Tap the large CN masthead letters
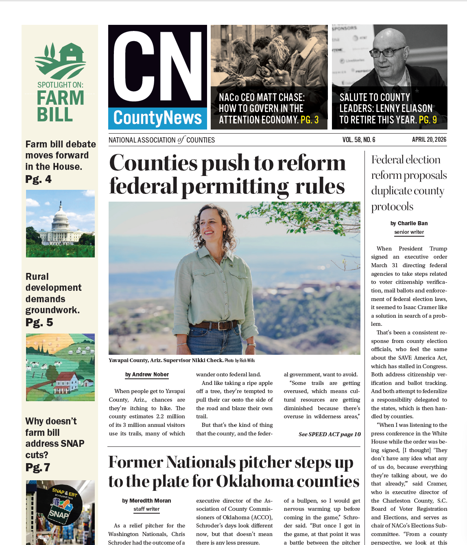157,66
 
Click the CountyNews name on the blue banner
157,118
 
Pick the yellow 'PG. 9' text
428,120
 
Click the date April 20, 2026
429,140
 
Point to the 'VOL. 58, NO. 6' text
358,140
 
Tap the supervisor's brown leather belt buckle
222,325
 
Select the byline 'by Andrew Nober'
147,374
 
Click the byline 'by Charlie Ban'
409,223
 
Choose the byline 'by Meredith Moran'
146,501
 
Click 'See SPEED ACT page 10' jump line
330,434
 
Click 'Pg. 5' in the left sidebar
39,322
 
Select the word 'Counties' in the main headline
153,163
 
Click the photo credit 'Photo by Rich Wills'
240,360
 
